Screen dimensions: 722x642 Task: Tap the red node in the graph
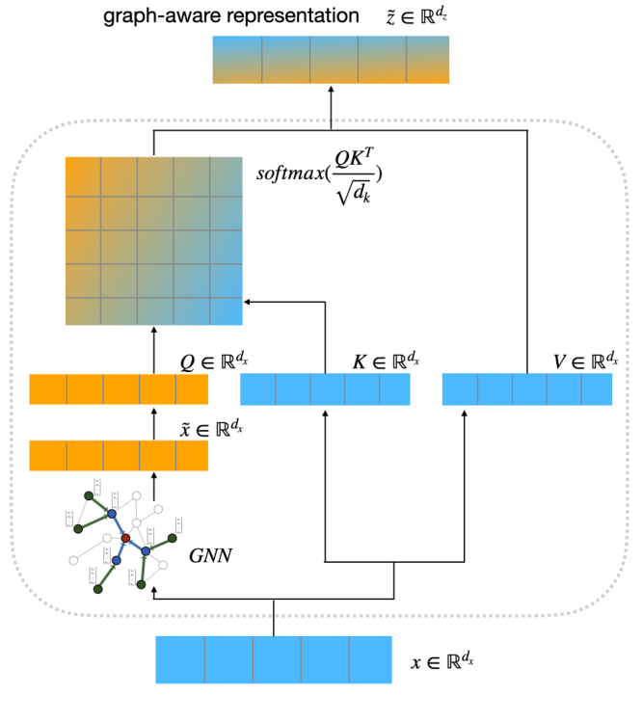125,537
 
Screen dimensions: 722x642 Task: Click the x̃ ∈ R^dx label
212,426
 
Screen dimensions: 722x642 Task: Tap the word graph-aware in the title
153,17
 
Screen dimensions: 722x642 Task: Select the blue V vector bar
527,389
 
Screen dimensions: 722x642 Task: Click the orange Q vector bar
119,389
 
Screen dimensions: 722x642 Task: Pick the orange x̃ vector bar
119,455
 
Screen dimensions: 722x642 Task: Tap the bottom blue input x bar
274,659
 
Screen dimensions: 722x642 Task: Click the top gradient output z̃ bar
332,60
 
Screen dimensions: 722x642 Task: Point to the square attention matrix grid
153,241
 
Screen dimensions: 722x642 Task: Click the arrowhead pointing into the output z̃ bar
332,90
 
